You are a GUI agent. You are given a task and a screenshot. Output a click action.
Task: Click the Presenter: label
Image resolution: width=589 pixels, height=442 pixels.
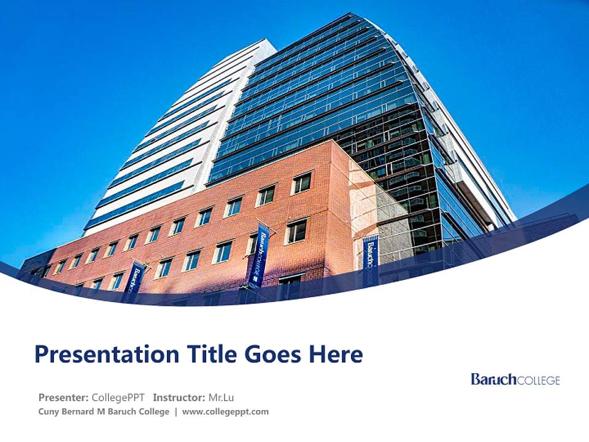pyautogui.click(x=64, y=397)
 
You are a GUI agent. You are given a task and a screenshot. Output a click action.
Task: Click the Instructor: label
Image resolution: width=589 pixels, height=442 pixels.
pyautogui.click(x=179, y=397)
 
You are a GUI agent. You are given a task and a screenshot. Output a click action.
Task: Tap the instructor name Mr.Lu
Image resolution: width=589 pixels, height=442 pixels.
pyautogui.click(x=221, y=397)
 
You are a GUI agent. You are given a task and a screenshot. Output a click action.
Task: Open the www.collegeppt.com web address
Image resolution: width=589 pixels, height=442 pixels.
pyautogui.click(x=225, y=412)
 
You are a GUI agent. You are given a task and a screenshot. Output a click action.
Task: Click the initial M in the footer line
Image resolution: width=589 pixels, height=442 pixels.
pyautogui.click(x=101, y=412)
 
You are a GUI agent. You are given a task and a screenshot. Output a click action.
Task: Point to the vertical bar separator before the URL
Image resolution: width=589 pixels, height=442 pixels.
pyautogui.click(x=175, y=412)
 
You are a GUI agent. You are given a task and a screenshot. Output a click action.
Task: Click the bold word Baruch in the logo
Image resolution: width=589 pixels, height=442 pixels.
pyautogui.click(x=494, y=379)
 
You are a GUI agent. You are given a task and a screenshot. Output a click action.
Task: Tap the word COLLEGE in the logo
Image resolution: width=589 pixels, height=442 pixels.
pyautogui.click(x=539, y=381)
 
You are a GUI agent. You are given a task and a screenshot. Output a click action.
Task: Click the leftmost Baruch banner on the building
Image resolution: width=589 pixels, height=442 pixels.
pyautogui.click(x=134, y=281)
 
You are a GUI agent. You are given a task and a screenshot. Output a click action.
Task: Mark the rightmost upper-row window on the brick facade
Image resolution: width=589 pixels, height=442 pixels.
pyautogui.click(x=302, y=183)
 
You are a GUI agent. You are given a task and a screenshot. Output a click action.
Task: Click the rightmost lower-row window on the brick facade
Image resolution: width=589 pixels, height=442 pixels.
pyautogui.click(x=296, y=231)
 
